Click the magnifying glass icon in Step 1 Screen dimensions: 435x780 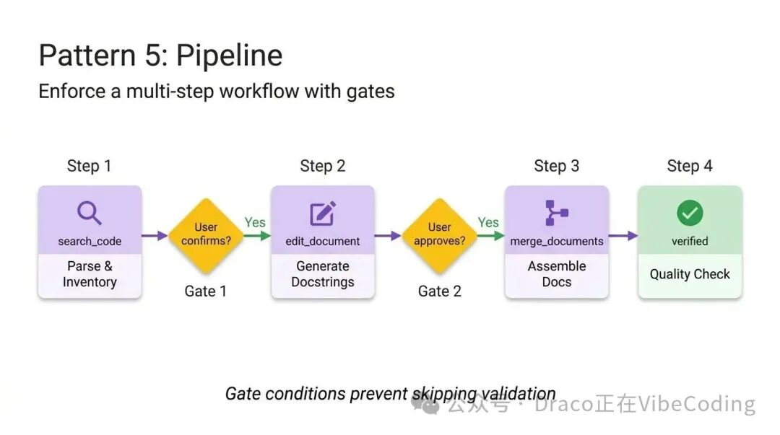pyautogui.click(x=90, y=214)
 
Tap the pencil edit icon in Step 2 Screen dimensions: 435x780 pyautogui.click(x=322, y=214)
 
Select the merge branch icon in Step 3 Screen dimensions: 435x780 pyautogui.click(x=556, y=214)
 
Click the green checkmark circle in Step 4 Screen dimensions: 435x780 pyautogui.click(x=690, y=214)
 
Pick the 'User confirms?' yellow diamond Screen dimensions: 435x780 pyautogui.click(x=206, y=234)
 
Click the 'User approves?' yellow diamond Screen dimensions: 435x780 pyautogui.click(x=439, y=234)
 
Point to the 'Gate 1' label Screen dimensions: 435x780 pyautogui.click(x=206, y=291)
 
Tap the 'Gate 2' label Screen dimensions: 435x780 pyautogui.click(x=439, y=291)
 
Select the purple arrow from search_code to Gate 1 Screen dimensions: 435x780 pyautogui.click(x=155, y=235)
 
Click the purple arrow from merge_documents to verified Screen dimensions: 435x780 pyautogui.click(x=623, y=235)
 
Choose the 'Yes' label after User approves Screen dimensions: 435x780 pyautogui.click(x=488, y=222)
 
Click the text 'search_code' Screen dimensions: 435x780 pyautogui.click(x=90, y=241)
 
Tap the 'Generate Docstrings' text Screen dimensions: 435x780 pyautogui.click(x=323, y=274)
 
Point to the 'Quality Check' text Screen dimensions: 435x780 pyautogui.click(x=690, y=274)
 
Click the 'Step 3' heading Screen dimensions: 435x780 pyautogui.click(x=556, y=166)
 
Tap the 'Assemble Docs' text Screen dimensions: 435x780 pyautogui.click(x=557, y=274)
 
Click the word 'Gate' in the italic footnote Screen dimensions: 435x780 pyautogui.click(x=244, y=394)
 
